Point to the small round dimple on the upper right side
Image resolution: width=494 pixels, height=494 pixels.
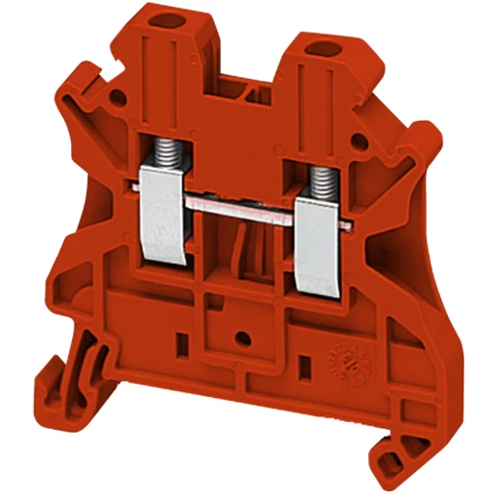[361, 141]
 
